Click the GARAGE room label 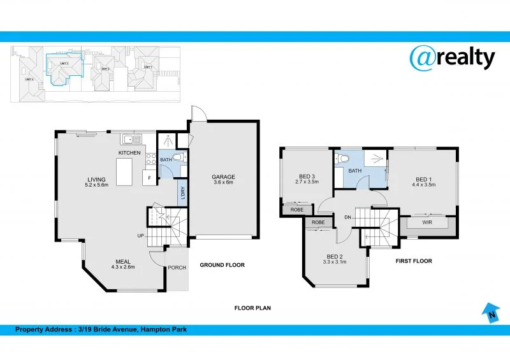pos(224,176)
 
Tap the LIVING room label pos(98,179)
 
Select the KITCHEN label pos(129,154)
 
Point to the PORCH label pos(177,267)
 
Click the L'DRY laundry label pos(182,193)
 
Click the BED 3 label pos(307,176)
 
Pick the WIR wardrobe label pos(427,224)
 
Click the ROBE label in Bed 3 pos(296,209)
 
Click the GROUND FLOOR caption pos(222,265)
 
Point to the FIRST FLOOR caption pos(414,261)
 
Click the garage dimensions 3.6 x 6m pos(224,182)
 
